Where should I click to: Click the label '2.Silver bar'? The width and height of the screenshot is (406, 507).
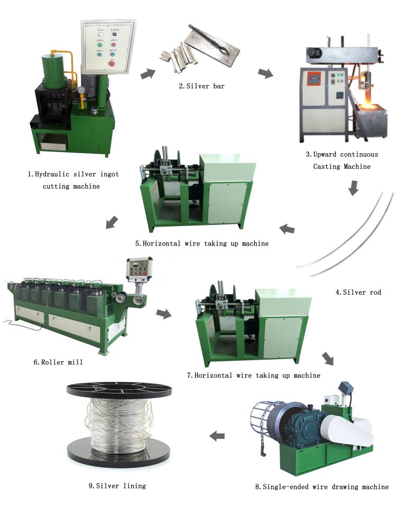(203, 86)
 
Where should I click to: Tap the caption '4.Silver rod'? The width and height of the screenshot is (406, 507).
(362, 292)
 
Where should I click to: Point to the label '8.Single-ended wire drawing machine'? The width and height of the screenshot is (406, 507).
(321, 486)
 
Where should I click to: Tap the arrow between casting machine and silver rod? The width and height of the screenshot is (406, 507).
(354, 187)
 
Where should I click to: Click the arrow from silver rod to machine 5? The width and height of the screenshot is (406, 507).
(287, 229)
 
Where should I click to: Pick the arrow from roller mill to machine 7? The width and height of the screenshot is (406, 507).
(164, 314)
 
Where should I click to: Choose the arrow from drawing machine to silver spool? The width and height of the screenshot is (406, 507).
(217, 436)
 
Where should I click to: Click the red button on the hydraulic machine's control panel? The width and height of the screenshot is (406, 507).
(112, 63)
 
